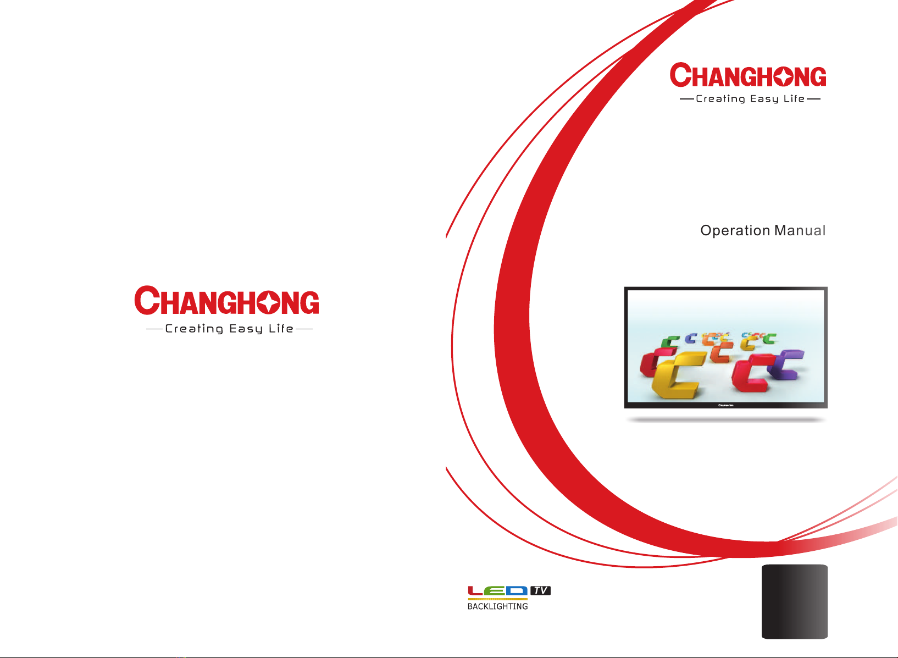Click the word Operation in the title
pos(735,231)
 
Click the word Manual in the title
pos(800,230)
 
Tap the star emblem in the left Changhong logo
pos(268,302)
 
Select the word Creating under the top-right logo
pos(720,99)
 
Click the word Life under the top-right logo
pos(794,98)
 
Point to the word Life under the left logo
pos(281,328)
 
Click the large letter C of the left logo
pos(147,300)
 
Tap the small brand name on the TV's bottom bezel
pos(725,405)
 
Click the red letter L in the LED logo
pos(475,590)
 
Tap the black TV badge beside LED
pos(540,590)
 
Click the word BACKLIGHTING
pos(497,606)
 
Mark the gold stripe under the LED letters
pos(497,599)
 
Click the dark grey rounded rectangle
pos(795,601)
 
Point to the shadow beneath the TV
pos(726,420)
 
